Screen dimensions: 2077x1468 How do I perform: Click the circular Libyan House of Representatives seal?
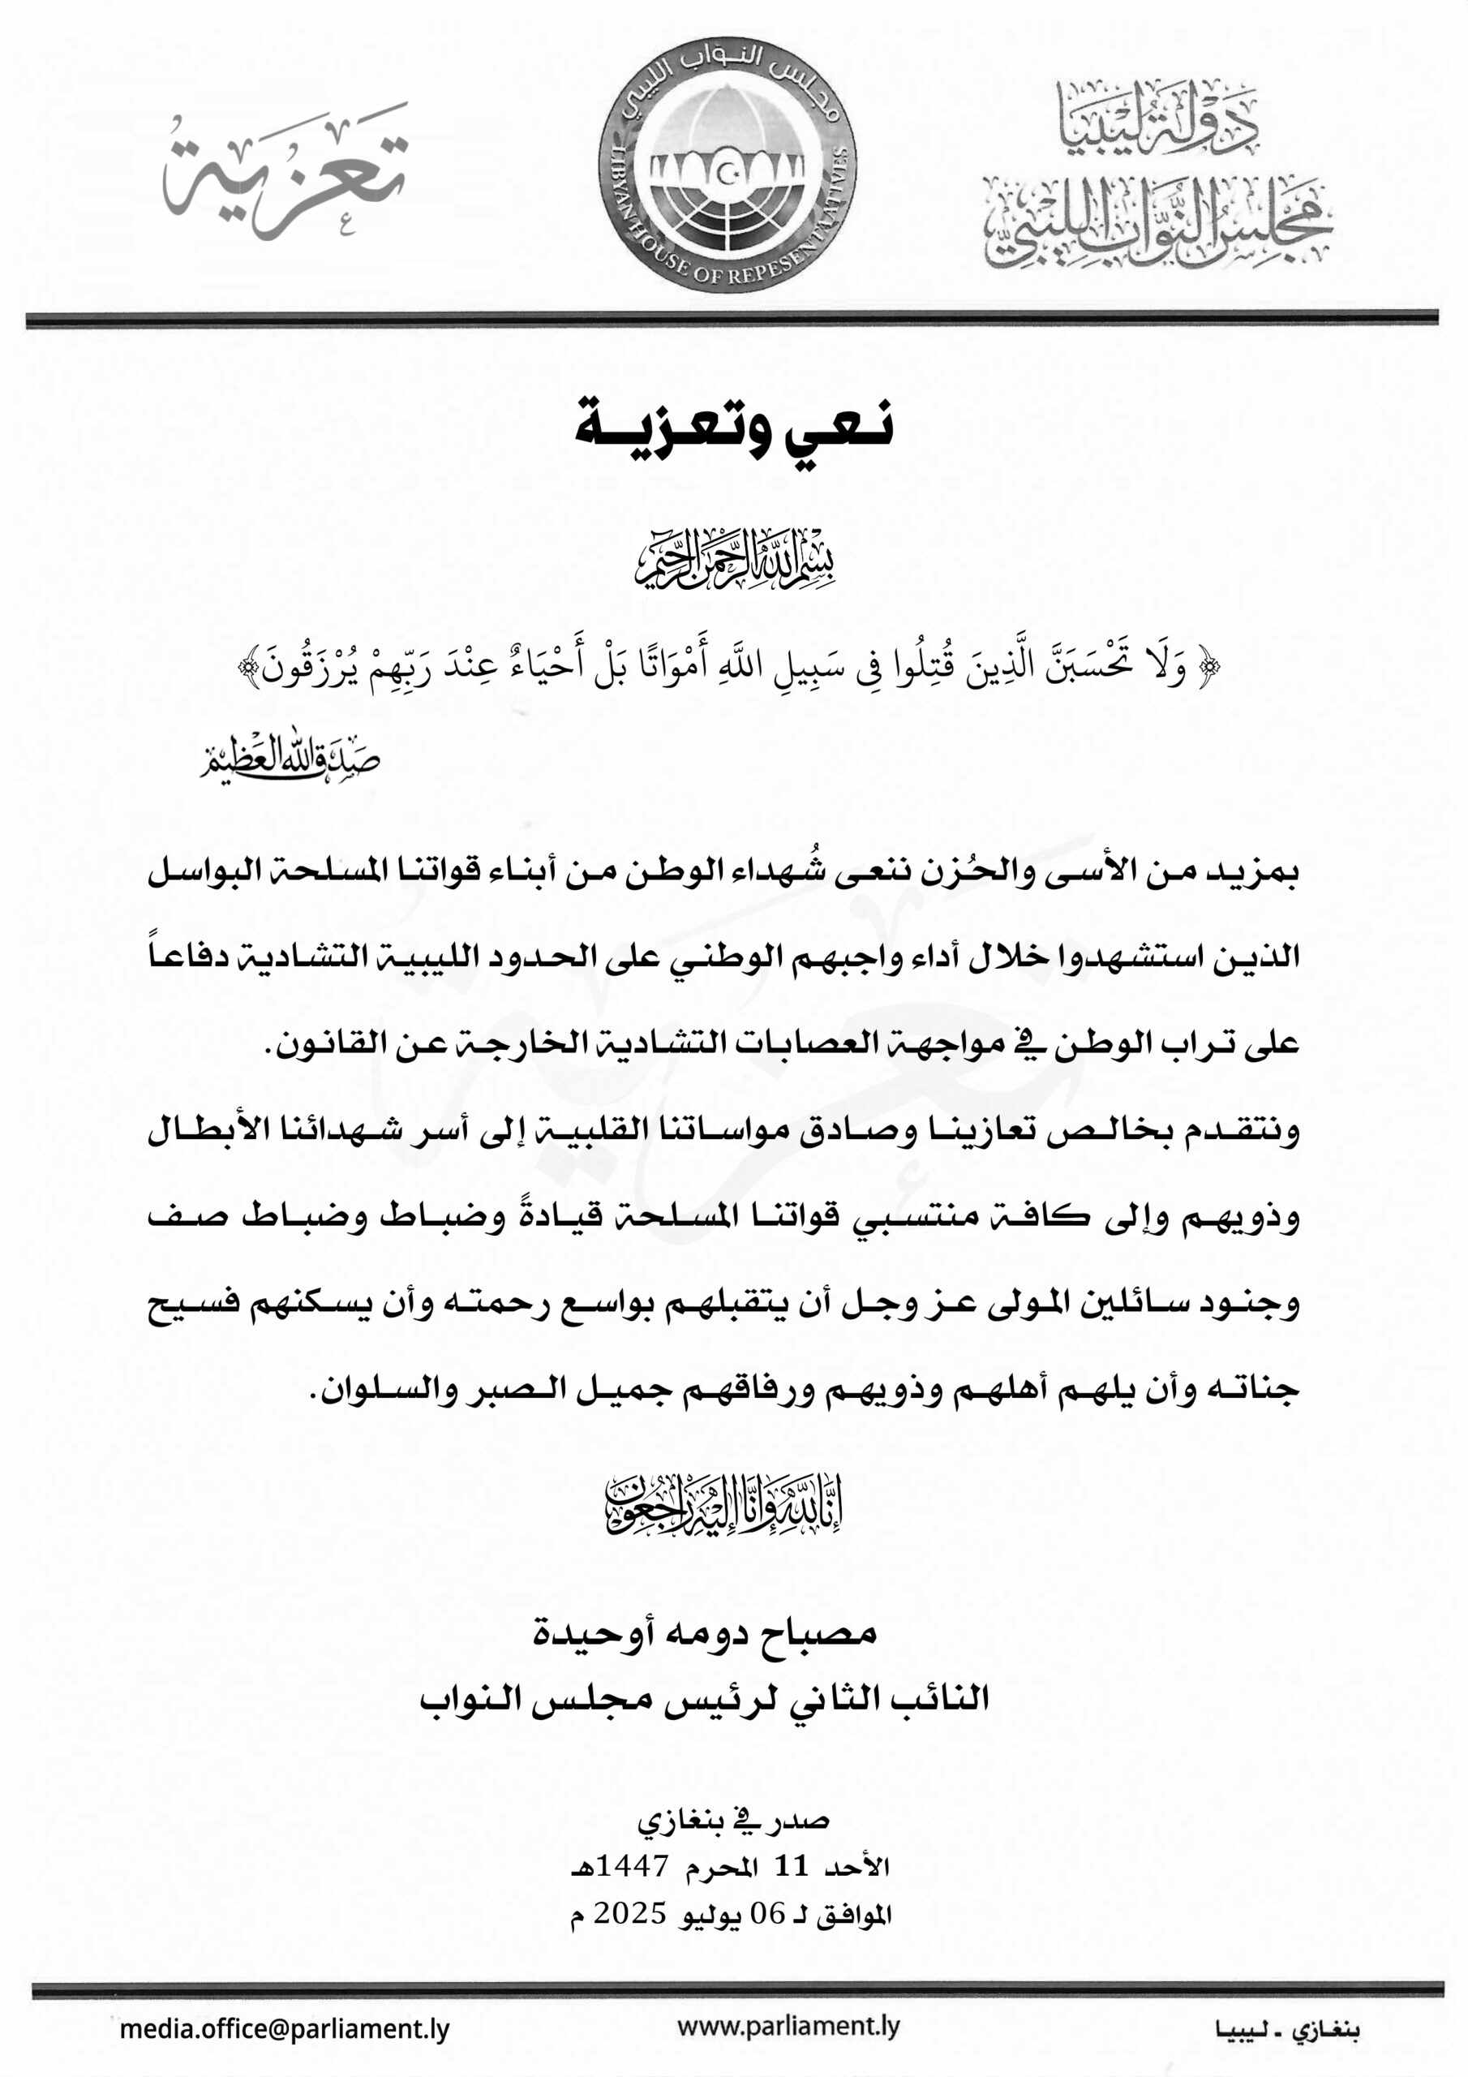(727, 166)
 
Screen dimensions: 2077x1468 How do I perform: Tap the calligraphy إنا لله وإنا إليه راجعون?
(723, 1505)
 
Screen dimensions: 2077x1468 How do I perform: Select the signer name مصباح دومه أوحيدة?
(705, 1631)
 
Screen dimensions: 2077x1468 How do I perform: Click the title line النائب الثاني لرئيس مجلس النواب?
(704, 1698)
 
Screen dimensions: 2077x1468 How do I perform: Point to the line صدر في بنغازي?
(733, 1819)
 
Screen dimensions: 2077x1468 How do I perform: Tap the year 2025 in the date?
(629, 1912)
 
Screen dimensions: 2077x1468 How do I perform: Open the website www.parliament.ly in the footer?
(788, 2027)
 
